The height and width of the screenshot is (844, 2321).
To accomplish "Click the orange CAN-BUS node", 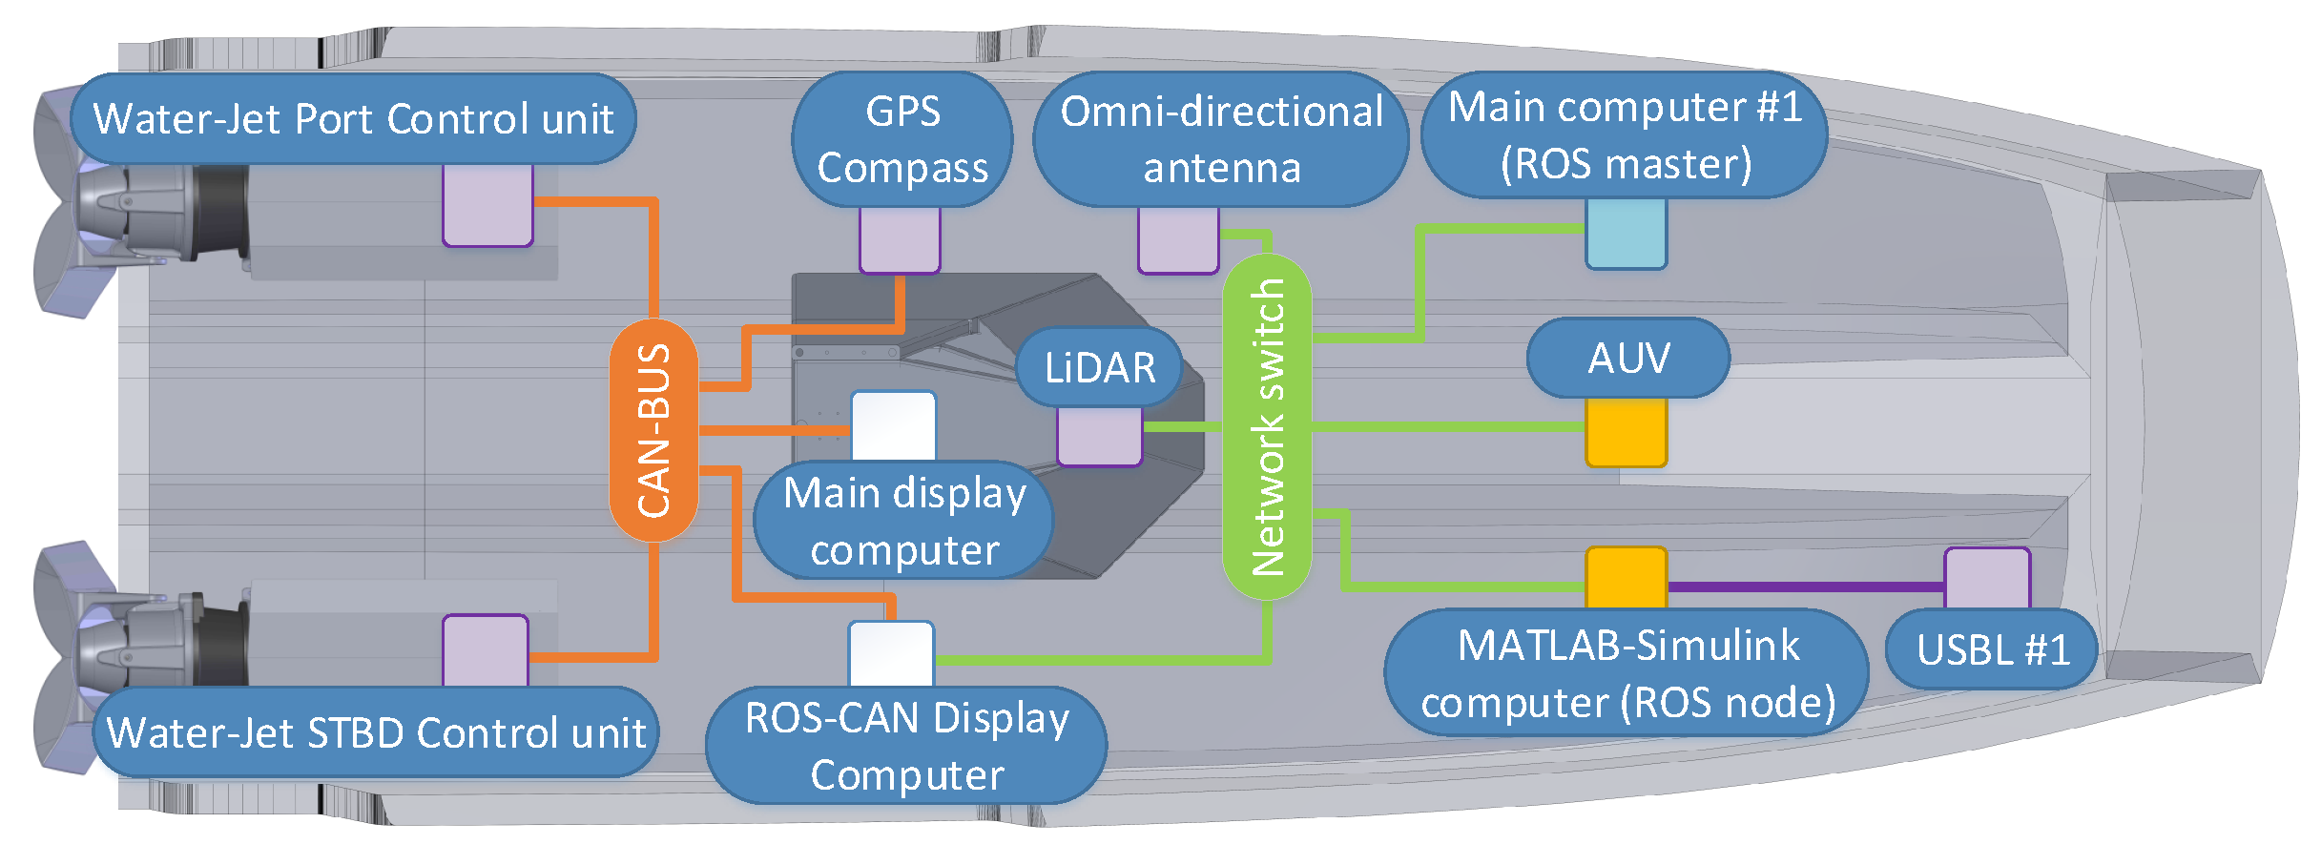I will pyautogui.click(x=653, y=430).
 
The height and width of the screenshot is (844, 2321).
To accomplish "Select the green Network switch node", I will pyautogui.click(x=1267, y=426).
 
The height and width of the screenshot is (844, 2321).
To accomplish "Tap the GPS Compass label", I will pyautogui.click(x=901, y=139).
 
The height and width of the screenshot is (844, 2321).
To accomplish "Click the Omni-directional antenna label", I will pyautogui.click(x=1220, y=139).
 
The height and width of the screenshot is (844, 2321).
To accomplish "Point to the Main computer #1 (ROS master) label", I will pyautogui.click(x=1624, y=134).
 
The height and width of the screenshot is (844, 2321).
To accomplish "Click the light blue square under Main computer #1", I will pyautogui.click(x=1626, y=234).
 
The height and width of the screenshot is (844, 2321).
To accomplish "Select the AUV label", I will pyautogui.click(x=1627, y=359).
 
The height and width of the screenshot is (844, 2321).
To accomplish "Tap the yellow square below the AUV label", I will pyautogui.click(x=1626, y=432).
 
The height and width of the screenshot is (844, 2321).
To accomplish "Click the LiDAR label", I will pyautogui.click(x=1099, y=367).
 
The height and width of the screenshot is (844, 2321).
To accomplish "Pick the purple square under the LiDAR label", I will pyautogui.click(x=1099, y=437).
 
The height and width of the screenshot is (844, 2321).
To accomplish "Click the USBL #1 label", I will pyautogui.click(x=1992, y=649).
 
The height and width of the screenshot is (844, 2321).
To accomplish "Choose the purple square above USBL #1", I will pyautogui.click(x=1987, y=578).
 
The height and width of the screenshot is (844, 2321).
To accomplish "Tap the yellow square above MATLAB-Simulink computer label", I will pyautogui.click(x=1626, y=578).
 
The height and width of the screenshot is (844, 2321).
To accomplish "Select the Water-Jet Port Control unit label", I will pyautogui.click(x=353, y=119).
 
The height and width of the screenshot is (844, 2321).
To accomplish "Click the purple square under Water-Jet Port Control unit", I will pyautogui.click(x=487, y=205).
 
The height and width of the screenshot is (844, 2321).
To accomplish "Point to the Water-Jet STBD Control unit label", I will pyautogui.click(x=376, y=732).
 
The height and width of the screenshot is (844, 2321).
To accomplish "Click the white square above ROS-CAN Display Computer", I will pyautogui.click(x=891, y=653).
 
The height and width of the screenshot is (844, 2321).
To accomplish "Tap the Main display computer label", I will pyautogui.click(x=903, y=521).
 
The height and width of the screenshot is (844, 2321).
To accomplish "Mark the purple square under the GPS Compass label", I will pyautogui.click(x=900, y=240).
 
